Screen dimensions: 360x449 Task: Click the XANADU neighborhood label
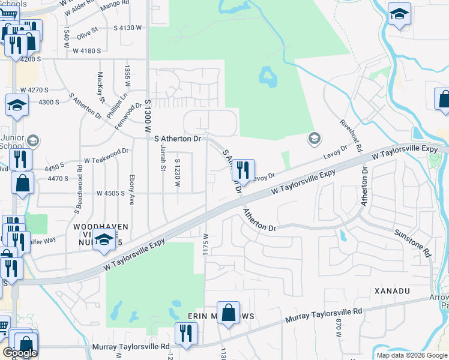click(390, 291)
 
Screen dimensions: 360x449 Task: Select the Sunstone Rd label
click(412, 242)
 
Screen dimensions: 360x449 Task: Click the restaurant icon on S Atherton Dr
click(243, 169)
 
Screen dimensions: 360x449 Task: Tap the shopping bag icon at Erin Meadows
click(228, 312)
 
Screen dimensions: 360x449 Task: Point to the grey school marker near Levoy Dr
click(313, 139)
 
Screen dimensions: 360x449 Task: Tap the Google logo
click(20, 353)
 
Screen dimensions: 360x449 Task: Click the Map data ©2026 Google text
click(412, 355)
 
